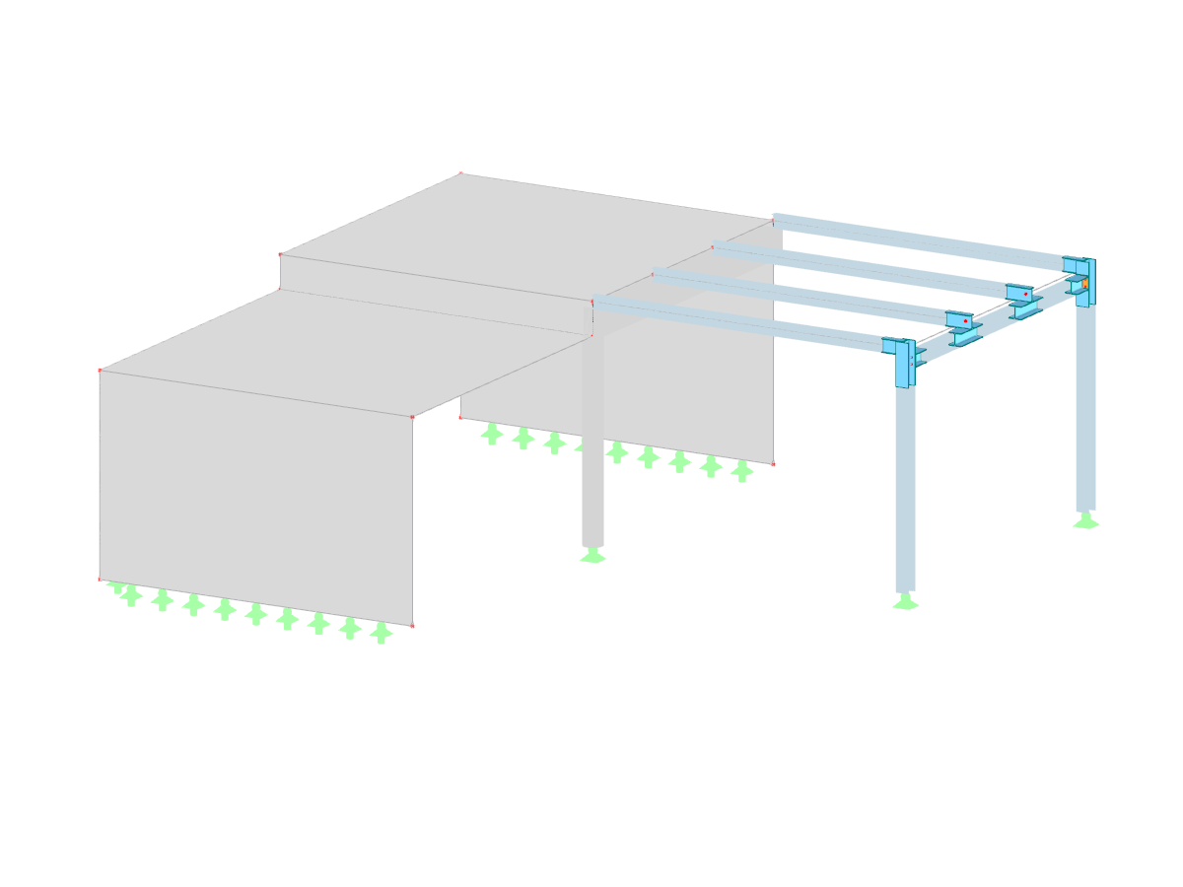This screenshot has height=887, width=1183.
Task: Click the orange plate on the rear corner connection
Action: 1084,283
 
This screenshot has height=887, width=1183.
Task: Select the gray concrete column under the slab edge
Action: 592,443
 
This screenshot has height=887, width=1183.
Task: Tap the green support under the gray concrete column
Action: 592,556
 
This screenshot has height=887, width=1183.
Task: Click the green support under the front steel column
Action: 905,602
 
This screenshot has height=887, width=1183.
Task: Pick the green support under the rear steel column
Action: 1085,520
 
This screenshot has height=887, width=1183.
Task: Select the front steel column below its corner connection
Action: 905,493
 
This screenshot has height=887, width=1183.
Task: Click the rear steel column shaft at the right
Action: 1085,414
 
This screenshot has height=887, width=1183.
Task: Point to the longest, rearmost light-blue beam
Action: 917,238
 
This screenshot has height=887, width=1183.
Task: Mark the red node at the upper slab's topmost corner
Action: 460,173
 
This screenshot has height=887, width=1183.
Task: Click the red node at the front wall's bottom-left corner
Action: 100,580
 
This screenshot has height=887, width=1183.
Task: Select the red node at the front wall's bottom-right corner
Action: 412,626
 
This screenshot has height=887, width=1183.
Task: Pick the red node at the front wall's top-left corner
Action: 100,371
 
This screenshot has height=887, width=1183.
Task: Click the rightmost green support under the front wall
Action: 381,634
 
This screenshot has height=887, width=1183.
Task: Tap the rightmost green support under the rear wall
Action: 741,472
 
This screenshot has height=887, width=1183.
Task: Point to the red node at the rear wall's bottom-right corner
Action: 773,463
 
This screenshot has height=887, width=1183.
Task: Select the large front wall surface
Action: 256,493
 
